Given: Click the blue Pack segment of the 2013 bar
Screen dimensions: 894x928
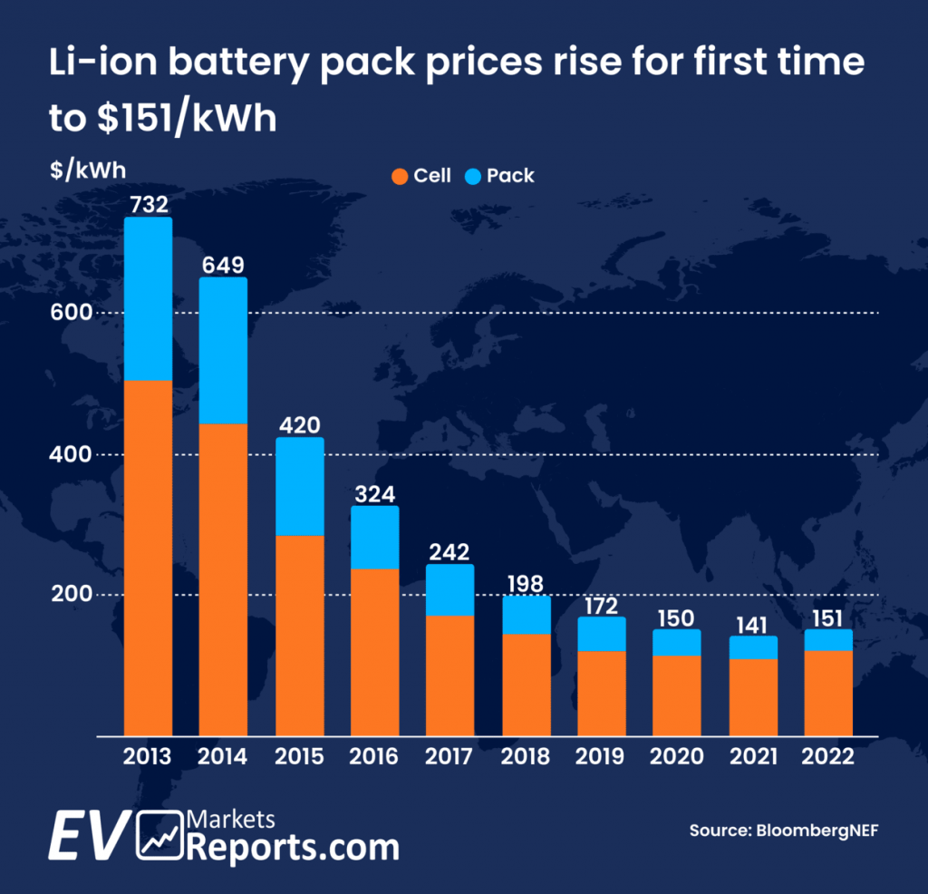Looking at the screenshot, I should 148,298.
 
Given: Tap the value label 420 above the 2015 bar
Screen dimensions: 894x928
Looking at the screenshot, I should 298,424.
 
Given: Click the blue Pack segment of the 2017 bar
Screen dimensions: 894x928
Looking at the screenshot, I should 450,589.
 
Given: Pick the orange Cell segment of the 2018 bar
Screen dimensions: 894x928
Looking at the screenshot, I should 527,684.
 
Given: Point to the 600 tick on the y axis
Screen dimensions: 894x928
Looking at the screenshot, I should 72,313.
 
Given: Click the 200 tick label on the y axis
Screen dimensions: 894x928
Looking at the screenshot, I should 72,595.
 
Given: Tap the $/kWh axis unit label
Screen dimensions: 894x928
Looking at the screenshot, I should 88,170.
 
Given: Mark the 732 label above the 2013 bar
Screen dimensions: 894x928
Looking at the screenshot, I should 148,204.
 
